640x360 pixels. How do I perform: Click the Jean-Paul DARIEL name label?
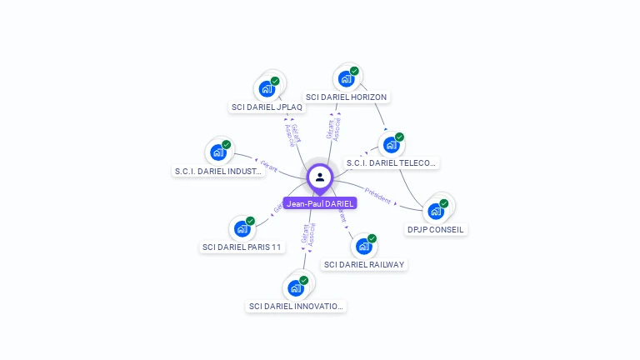pos(320,203)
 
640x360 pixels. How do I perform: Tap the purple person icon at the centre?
pos(320,177)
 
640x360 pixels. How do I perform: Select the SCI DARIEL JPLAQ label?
pos(267,107)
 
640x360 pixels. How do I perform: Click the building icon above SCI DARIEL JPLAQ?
pos(267,88)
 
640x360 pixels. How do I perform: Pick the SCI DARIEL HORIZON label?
pos(346,97)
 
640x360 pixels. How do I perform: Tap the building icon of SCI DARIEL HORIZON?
pos(346,79)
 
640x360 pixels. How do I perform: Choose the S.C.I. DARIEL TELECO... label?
pos(391,163)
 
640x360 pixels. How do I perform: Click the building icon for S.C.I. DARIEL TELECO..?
pos(391,145)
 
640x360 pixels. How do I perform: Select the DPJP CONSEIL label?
pos(436,229)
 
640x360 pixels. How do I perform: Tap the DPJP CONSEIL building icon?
pos(435,211)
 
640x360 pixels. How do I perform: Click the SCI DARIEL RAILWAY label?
pos(364,265)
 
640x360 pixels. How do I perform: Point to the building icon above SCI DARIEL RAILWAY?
pos(363,247)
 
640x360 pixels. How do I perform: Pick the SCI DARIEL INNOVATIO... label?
pos(296,307)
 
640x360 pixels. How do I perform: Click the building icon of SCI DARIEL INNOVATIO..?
pos(295,288)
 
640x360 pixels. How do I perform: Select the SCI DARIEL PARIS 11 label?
pos(242,247)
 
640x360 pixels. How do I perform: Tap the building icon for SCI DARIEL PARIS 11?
pos(242,229)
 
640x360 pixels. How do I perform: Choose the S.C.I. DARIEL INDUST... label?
pos(218,171)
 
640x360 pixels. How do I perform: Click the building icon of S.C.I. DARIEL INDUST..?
pos(217,152)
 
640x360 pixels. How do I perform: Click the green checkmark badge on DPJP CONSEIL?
pos(444,203)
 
